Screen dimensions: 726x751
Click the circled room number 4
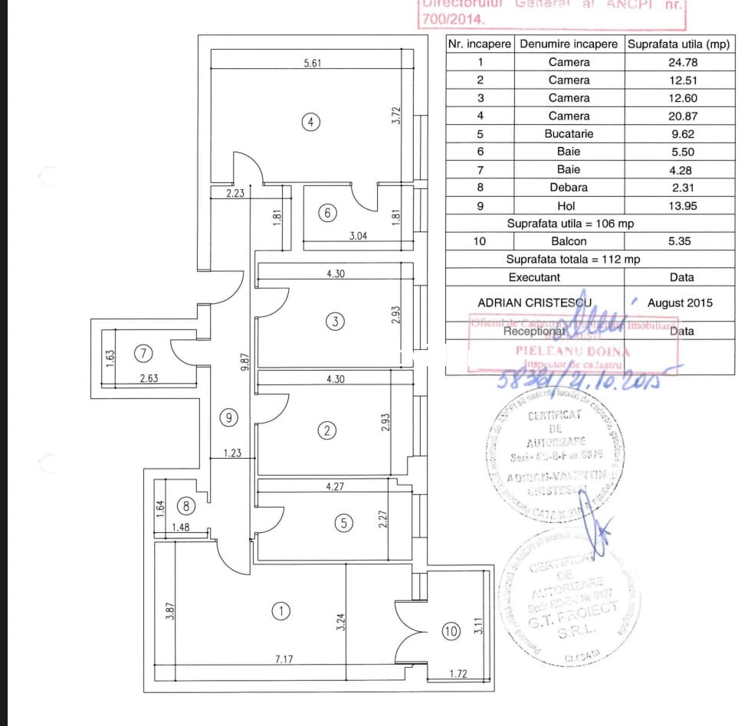(310, 122)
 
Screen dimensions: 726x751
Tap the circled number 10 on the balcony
(451, 631)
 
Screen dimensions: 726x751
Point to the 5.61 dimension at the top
(313, 64)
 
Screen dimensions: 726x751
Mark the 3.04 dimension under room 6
(358, 237)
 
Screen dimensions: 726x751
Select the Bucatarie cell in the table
(569, 133)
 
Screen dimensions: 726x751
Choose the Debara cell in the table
(569, 187)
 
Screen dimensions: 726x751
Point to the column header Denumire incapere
(569, 44)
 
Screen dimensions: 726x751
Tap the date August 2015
(680, 302)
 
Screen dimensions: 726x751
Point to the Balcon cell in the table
(569, 241)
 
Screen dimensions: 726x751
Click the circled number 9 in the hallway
(228, 417)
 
